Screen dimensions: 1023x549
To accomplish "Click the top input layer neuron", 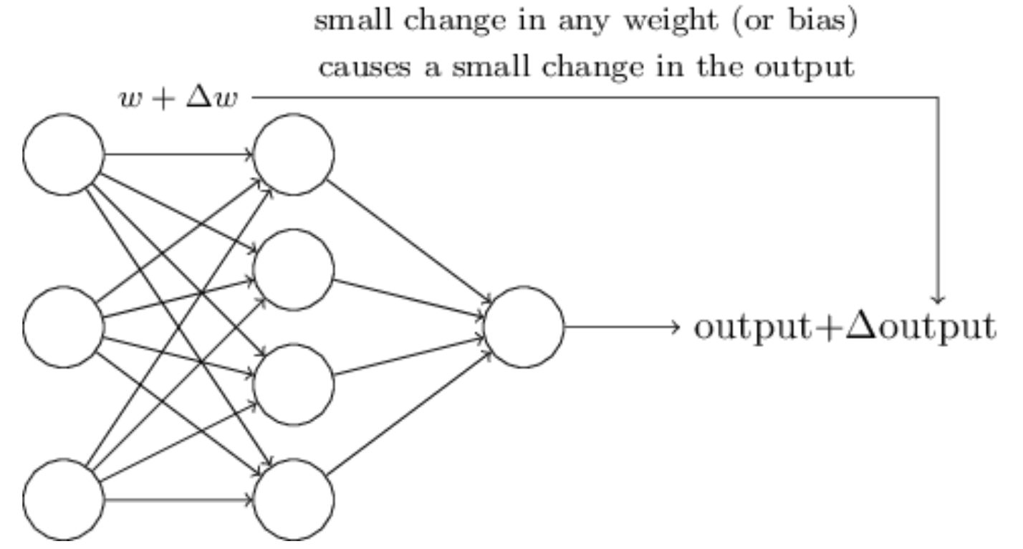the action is coord(64,154).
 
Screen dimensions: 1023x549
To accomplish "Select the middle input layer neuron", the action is coord(64,327).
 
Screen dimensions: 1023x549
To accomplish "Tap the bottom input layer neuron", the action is coord(64,500).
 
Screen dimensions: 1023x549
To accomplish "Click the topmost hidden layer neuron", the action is coord(294,154).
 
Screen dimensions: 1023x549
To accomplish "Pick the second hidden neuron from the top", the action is coord(294,269).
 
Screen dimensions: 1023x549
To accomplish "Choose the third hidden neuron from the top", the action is coord(294,384).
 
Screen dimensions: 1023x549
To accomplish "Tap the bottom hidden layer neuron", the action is coord(294,500).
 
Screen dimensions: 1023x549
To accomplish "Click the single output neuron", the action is coord(524,327).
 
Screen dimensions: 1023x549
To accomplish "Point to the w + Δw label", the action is coord(179,97).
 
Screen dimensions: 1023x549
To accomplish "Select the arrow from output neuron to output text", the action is coord(620,327).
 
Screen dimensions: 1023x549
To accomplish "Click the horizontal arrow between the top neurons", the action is coord(179,154).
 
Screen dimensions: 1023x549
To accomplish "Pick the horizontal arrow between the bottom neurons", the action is coord(179,500).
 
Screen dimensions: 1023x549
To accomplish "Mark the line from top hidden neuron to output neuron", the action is coord(408,240).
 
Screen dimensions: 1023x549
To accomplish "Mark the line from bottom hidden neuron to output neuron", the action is coord(408,414).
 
